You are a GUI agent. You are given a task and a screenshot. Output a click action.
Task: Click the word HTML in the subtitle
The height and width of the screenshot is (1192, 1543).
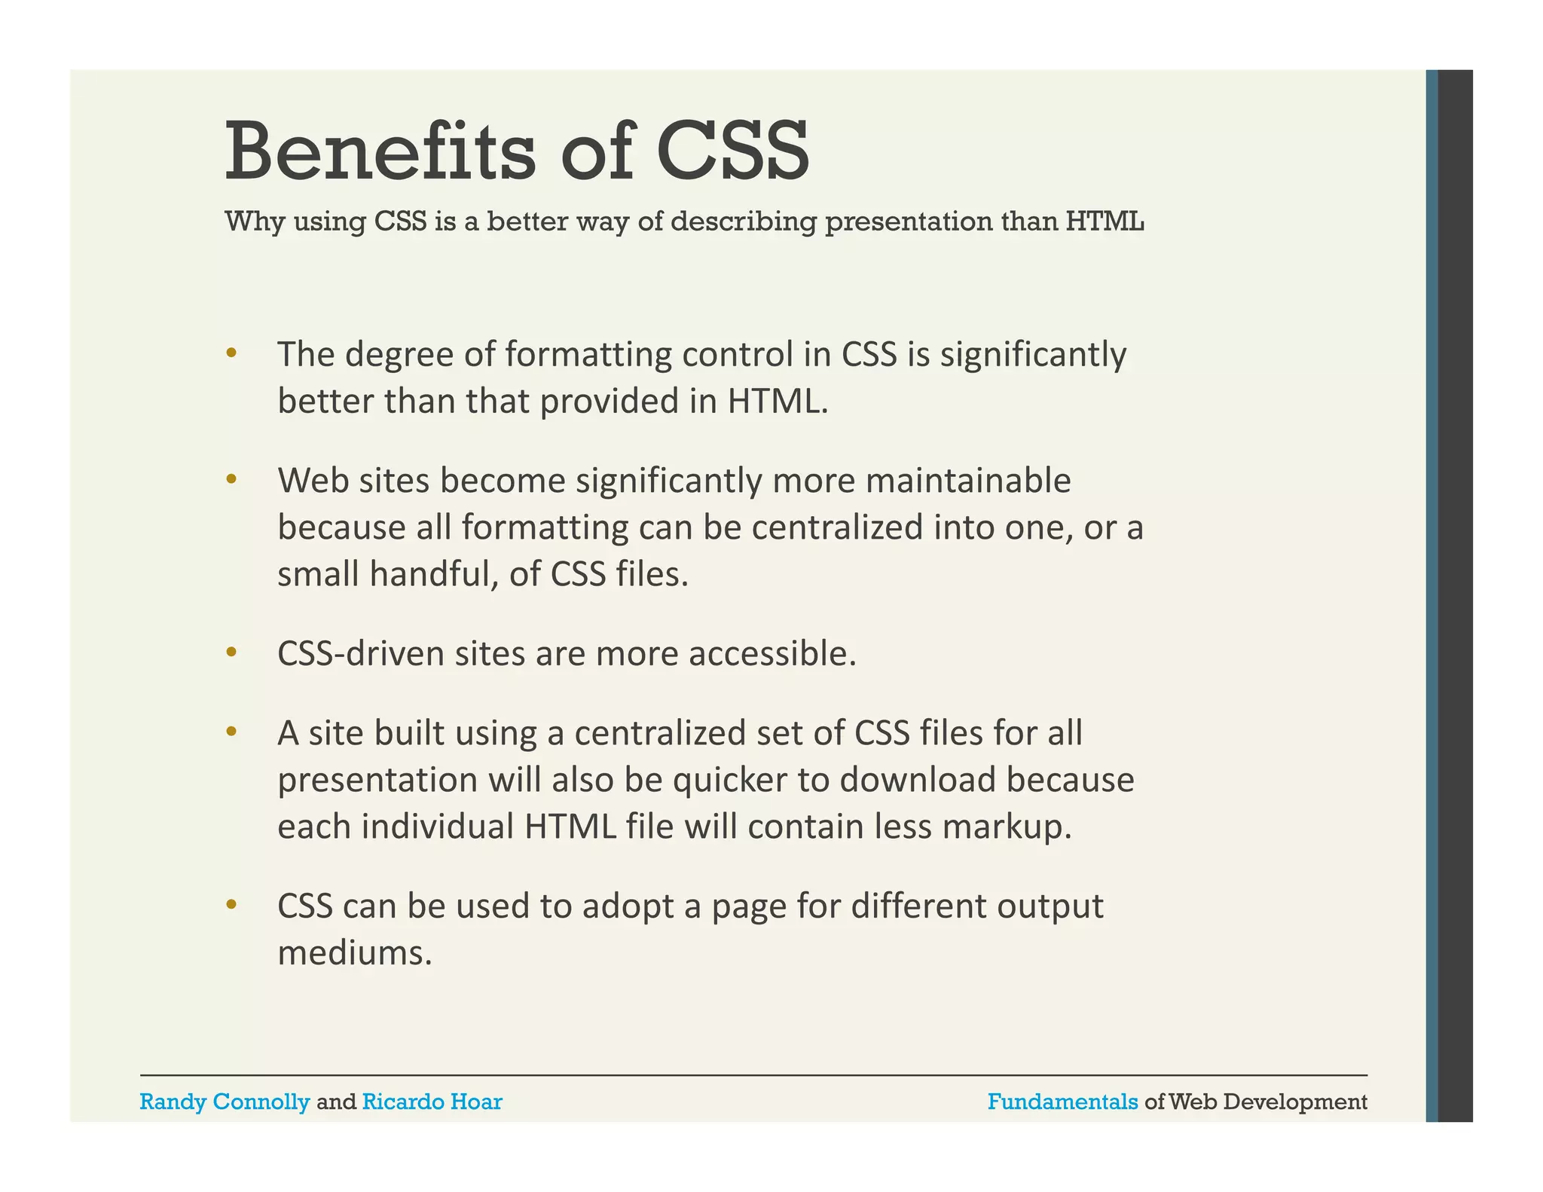pos(1105,222)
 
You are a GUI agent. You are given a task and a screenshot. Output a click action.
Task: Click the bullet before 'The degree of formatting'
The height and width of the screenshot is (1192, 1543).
pos(231,353)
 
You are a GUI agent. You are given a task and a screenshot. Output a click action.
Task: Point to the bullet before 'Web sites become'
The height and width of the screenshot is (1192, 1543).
pos(231,478)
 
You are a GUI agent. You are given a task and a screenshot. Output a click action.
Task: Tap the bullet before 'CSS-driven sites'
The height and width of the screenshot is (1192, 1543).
pos(231,652)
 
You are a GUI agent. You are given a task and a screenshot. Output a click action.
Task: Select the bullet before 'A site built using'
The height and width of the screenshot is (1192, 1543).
pos(231,731)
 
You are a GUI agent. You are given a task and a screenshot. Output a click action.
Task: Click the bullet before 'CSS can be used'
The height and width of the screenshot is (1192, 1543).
pos(231,904)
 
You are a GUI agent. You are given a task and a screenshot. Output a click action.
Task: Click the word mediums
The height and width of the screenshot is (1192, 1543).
pos(355,953)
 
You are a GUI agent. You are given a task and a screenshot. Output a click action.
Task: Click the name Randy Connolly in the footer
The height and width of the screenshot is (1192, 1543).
pos(225,1102)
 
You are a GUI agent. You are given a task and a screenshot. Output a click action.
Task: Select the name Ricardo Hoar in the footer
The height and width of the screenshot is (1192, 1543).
pos(432,1102)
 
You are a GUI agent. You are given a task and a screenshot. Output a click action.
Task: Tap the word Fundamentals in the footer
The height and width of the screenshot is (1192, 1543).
pos(1062,1102)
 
